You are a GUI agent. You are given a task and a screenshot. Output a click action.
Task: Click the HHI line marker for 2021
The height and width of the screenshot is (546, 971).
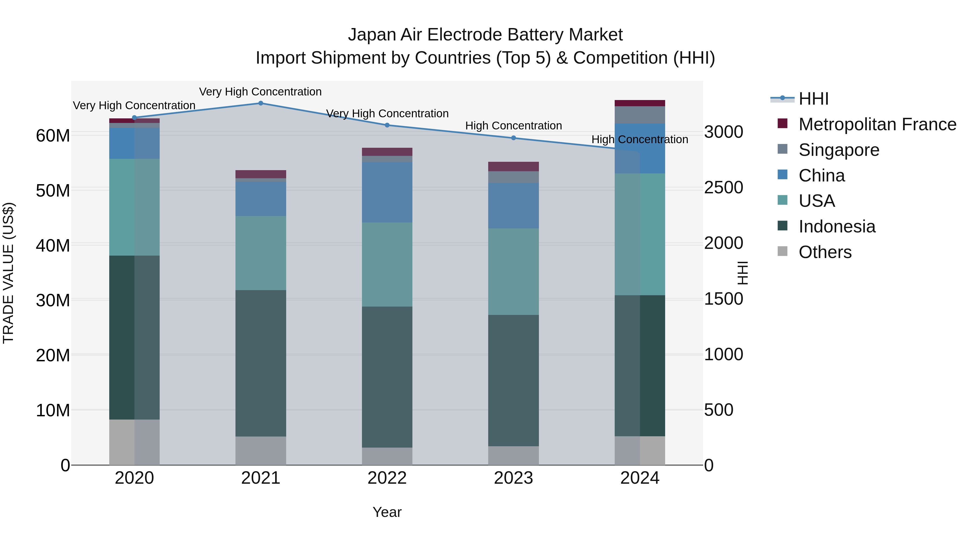[261, 103]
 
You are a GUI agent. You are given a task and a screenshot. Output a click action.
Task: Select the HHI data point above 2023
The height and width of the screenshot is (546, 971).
[513, 138]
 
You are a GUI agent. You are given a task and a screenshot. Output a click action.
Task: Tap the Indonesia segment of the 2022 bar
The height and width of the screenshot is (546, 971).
[387, 377]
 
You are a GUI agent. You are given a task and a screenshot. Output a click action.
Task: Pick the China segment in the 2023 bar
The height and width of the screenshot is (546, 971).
[513, 205]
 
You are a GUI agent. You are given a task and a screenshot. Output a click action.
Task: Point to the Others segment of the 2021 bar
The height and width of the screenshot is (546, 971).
[261, 450]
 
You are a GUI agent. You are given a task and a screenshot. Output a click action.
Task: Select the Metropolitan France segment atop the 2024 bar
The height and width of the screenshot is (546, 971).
[640, 103]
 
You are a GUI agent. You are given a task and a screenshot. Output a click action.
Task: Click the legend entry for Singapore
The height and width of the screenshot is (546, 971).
[839, 150]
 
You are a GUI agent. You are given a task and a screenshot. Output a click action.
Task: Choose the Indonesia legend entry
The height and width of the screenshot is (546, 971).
[837, 226]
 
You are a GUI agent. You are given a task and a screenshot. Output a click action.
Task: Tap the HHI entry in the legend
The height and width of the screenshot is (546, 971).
[813, 99]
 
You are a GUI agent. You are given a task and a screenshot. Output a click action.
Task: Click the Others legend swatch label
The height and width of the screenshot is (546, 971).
[825, 252]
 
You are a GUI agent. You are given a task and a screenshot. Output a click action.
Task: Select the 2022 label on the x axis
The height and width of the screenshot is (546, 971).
[387, 478]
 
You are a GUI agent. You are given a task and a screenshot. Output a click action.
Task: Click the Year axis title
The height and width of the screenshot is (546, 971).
[387, 512]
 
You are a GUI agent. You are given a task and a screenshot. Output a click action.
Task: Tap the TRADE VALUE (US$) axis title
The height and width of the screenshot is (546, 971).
[8, 273]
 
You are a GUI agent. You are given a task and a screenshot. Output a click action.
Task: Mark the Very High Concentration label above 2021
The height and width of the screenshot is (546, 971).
[261, 92]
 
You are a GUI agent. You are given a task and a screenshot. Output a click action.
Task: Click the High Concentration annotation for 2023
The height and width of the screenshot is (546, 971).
[513, 125]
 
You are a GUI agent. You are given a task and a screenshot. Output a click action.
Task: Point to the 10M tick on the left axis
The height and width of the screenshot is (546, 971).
[53, 410]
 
